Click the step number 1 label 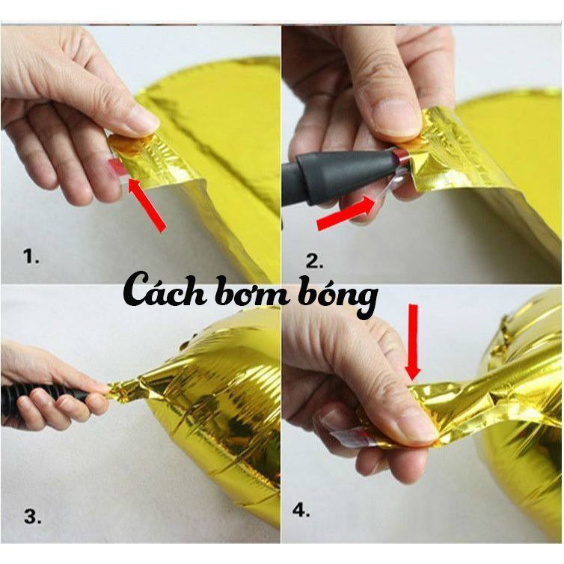pos(31,257)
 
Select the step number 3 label pos(33,517)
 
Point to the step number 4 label pos(301,509)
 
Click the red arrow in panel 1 pos(147,204)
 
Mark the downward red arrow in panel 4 pos(413,343)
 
